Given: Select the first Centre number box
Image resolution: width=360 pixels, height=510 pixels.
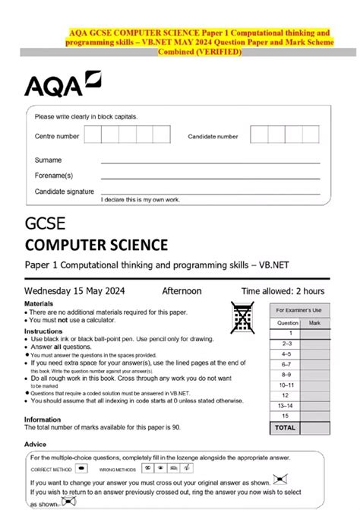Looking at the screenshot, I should click(93, 136).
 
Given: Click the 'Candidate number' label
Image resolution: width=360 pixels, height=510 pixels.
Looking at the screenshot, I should click(213, 137).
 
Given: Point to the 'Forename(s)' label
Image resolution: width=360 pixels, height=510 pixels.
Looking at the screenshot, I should click(54, 176).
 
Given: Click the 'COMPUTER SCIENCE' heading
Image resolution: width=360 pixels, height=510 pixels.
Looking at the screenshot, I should click(96, 245).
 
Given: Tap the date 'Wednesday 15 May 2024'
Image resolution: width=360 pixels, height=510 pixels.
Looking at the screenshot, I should click(75, 291).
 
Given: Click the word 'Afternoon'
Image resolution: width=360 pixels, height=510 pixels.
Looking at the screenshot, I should click(182, 291).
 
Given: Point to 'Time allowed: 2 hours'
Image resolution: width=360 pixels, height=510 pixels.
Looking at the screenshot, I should click(283, 291).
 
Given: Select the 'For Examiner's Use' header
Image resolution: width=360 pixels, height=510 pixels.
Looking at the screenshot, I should click(299, 310).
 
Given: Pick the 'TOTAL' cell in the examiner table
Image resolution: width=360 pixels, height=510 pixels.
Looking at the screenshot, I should click(285, 427).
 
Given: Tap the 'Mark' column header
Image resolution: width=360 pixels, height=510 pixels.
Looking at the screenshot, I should click(315, 322).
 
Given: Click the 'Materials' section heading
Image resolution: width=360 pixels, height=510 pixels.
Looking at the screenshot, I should click(39, 303).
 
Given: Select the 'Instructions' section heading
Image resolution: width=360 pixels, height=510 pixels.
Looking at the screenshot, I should click(43, 331).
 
